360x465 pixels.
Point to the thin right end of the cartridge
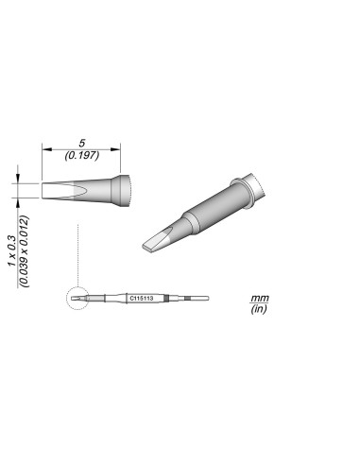pos(199,299)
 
